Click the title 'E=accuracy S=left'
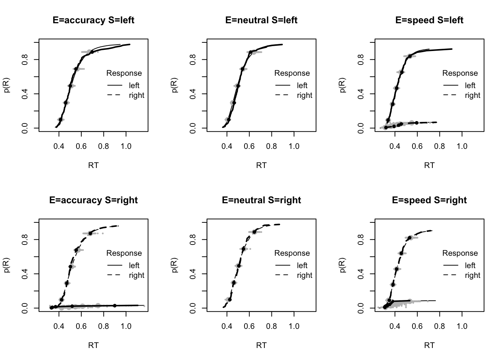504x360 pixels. [x=93, y=20]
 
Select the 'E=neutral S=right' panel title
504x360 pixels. [x=261, y=200]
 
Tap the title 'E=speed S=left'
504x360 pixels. [x=429, y=20]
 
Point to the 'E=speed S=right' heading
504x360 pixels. [x=429, y=200]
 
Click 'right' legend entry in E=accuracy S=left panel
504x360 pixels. [x=136, y=95]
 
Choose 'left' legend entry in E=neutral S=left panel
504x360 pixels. [x=302, y=85]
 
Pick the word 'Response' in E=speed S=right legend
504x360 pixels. [x=460, y=253]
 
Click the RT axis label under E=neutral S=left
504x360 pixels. [x=261, y=165]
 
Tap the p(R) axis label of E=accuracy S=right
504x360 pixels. [x=6, y=265]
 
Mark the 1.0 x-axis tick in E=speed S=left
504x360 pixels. [x=462, y=146]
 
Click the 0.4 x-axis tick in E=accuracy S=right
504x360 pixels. [x=59, y=326]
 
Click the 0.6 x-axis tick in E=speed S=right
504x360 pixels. [x=417, y=326]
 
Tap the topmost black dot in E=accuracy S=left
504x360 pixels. [x=92, y=52]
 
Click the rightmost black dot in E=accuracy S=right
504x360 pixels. [x=115, y=306]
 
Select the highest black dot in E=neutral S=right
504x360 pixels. [x=254, y=232]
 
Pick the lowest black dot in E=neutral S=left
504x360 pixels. [x=228, y=120]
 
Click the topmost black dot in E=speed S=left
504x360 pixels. [x=410, y=56]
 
